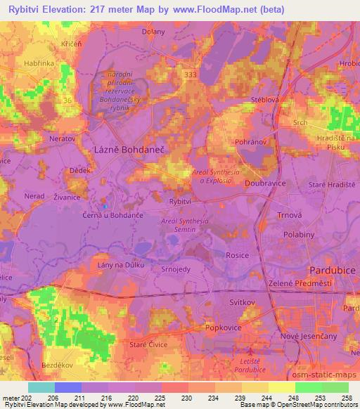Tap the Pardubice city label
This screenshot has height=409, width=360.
point(334,270)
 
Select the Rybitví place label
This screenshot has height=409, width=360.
point(181,201)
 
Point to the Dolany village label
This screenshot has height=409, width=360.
point(153,31)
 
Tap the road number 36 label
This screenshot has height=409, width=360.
point(68,100)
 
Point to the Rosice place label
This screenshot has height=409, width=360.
point(237,256)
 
